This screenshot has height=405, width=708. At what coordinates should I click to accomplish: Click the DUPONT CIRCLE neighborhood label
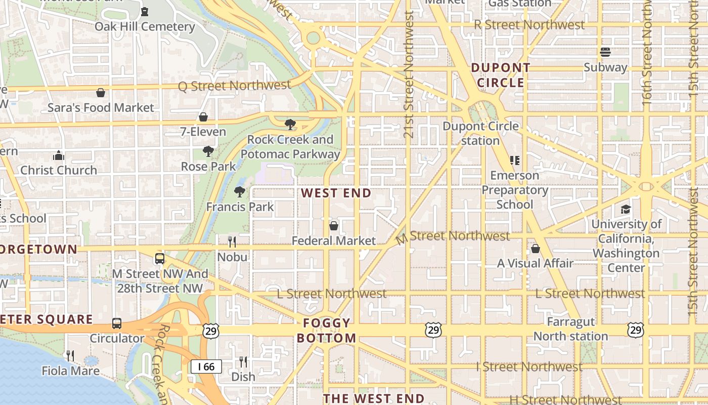(501, 75)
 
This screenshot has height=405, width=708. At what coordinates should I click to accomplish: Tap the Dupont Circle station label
(480, 133)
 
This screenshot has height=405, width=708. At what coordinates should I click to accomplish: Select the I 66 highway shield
(206, 367)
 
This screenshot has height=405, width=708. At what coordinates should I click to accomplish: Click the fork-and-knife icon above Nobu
(232, 241)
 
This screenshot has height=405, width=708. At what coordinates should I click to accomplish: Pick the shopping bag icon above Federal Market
(334, 226)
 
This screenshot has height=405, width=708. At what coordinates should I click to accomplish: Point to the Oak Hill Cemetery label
(145, 26)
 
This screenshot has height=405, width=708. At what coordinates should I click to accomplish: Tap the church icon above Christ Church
(59, 155)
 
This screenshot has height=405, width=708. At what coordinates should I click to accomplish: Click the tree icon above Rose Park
(208, 151)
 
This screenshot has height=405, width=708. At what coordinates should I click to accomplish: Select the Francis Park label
(240, 207)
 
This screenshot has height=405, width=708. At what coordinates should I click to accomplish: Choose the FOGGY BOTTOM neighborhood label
(327, 331)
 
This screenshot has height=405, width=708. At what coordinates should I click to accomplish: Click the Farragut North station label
(570, 329)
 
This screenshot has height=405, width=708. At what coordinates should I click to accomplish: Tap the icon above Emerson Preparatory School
(515, 160)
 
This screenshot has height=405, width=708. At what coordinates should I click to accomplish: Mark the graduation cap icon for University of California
(626, 209)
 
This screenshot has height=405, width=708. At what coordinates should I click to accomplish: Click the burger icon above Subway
(605, 52)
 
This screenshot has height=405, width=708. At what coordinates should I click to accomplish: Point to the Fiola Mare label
(70, 371)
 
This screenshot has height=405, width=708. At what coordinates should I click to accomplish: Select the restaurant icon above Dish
(243, 362)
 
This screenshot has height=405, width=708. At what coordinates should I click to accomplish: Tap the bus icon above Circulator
(117, 323)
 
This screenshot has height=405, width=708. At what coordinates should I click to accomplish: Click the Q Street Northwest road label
(234, 86)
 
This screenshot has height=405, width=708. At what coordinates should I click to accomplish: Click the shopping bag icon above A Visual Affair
(535, 249)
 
